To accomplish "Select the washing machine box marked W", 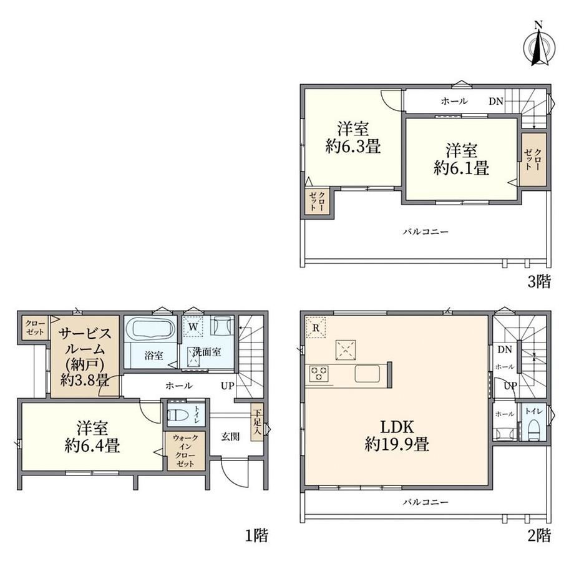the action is tap(193, 326).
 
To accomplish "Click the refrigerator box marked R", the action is tap(316, 328).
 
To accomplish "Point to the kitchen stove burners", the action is tap(319, 374).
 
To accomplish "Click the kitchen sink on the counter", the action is tap(369, 374).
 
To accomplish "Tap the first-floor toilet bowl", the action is tap(178, 415).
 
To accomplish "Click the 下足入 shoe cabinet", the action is tap(256, 422).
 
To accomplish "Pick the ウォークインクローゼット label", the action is tap(185, 450).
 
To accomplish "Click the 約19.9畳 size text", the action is tap(397, 444).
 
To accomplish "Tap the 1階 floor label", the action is tap(256, 535).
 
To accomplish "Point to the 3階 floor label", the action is tap(539, 281).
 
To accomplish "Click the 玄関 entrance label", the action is tap(231, 437).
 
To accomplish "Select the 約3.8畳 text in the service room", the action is tap(85, 381).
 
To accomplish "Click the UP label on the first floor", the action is tap(227, 386).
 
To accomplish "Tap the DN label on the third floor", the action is tap(496, 102).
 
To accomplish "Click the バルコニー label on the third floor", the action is tap(426, 231).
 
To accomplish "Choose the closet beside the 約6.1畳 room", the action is tap(534, 159).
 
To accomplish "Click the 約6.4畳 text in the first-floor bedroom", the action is tap(92, 446).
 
